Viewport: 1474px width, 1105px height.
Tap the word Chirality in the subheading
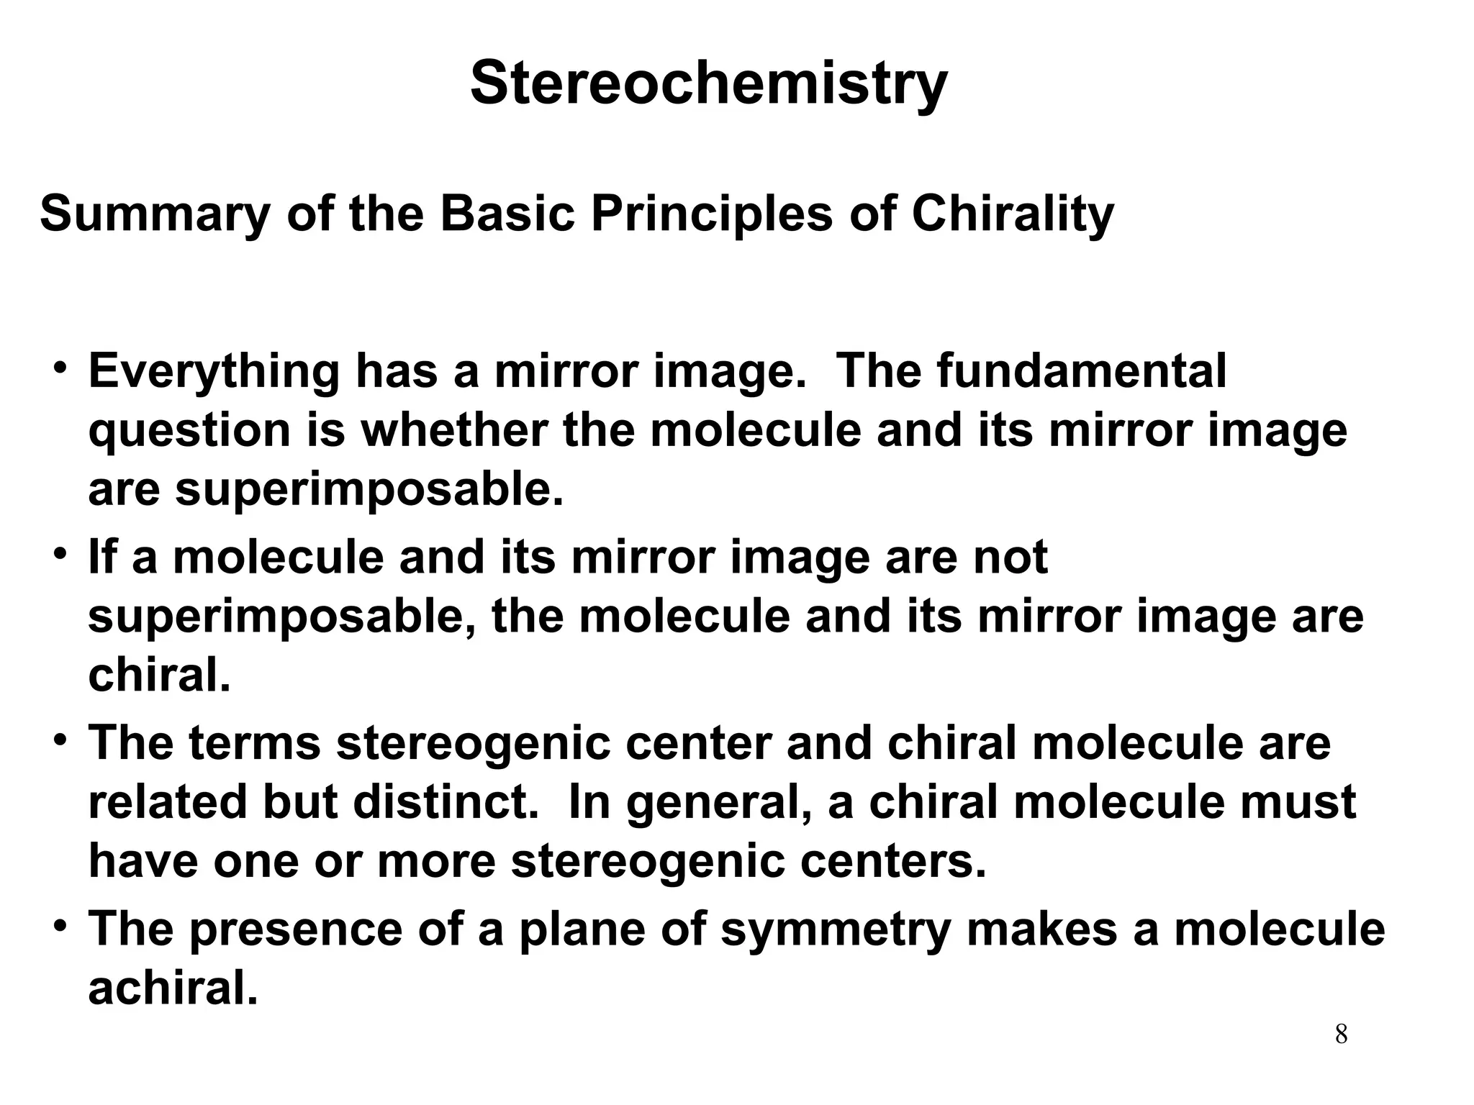pyautogui.click(x=1013, y=214)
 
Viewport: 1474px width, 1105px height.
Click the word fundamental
pyautogui.click(x=1082, y=372)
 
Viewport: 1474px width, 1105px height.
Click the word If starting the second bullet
pyautogui.click(x=101, y=558)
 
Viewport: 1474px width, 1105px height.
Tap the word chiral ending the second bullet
pyautogui.click(x=159, y=676)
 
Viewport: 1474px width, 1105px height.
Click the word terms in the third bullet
pyautogui.click(x=255, y=743)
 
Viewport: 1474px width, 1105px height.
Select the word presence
pyautogui.click(x=296, y=929)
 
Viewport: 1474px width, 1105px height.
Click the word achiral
pyautogui.click(x=173, y=988)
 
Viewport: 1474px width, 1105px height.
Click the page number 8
pyautogui.click(x=1341, y=1035)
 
